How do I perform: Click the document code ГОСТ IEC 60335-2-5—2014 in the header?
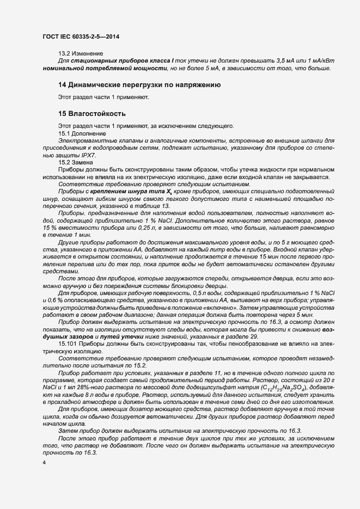(81, 36)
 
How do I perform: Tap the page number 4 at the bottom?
(44, 462)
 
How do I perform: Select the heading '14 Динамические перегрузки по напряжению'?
(139, 85)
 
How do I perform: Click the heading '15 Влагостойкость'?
(92, 114)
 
